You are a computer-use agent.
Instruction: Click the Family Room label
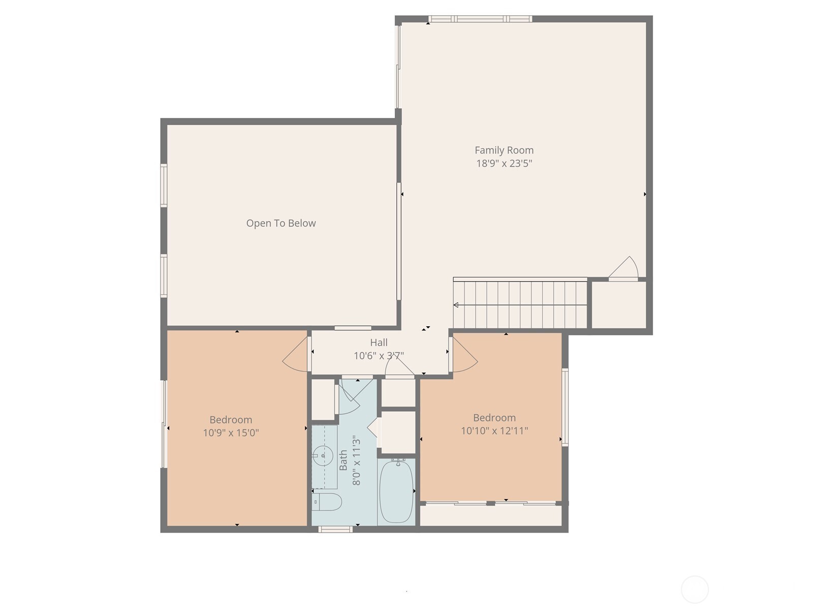coord(504,150)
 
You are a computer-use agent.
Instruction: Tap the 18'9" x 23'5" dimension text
coord(504,164)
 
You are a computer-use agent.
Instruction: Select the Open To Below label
coord(280,223)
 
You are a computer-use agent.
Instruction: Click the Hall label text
coord(379,343)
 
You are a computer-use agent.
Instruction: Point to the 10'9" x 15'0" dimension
coord(231,433)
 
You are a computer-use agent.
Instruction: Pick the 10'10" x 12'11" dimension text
coord(494,431)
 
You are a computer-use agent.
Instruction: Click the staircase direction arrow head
coord(456,305)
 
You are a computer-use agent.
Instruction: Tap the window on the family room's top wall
coord(480,19)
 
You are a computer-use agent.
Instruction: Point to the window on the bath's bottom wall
coord(335,529)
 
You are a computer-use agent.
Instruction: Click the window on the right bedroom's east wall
coord(565,407)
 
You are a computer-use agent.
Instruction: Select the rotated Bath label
coord(343,460)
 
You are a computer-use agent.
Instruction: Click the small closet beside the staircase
coord(619,305)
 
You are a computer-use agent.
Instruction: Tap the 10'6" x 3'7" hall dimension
coord(379,356)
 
